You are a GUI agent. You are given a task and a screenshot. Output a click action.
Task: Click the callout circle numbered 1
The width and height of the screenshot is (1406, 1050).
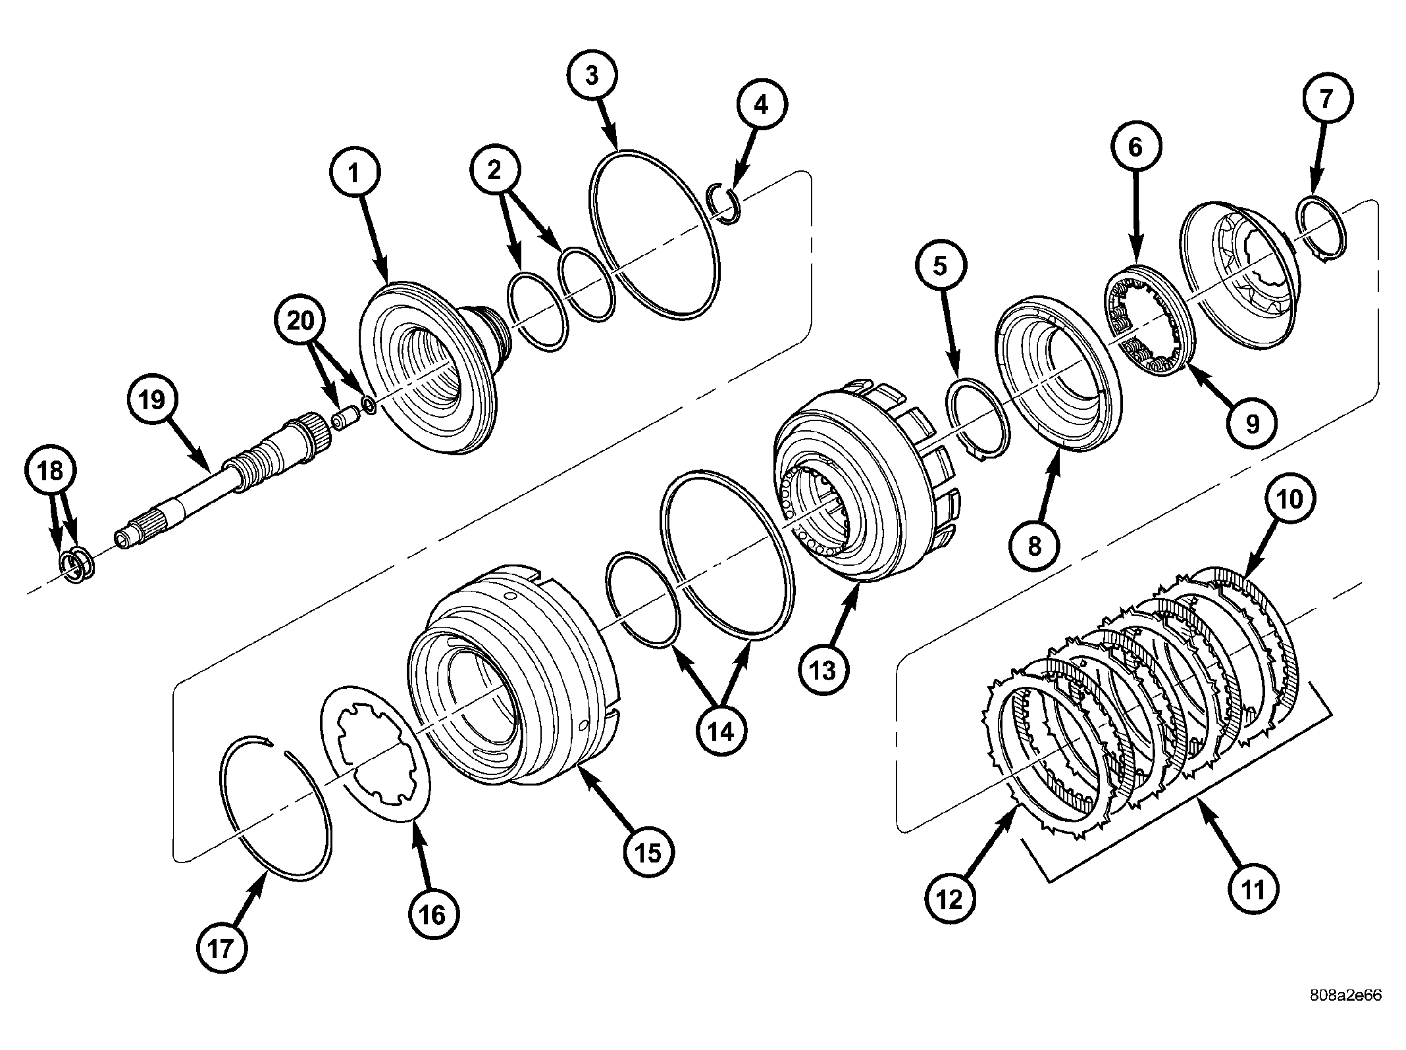(x=353, y=174)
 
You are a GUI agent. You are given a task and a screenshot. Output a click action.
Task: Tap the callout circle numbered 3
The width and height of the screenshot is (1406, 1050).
(x=592, y=76)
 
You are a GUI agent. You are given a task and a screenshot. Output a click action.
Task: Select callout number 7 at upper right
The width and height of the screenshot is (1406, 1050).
(x=1326, y=98)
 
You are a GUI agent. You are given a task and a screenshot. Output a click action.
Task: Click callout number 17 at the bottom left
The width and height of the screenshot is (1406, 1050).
(x=221, y=949)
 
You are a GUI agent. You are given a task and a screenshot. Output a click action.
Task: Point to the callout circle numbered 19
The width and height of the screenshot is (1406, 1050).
(x=152, y=399)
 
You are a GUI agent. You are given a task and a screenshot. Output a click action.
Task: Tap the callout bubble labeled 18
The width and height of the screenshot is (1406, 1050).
(x=51, y=471)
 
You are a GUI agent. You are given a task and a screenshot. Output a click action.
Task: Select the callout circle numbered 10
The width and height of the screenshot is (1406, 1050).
(x=1290, y=499)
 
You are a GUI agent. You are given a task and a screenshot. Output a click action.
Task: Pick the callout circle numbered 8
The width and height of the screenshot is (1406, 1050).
(x=1035, y=545)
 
